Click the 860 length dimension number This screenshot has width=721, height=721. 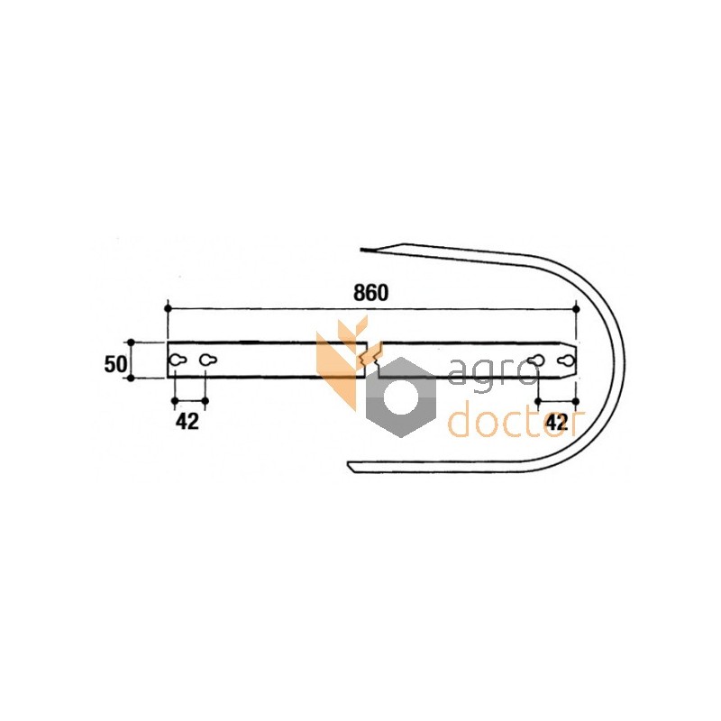[x=370, y=293]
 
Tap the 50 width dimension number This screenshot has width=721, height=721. [x=115, y=364]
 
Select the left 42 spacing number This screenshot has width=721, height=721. [x=187, y=421]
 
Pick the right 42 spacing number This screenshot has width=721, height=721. [x=556, y=422]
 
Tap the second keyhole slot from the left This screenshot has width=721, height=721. [x=208, y=360]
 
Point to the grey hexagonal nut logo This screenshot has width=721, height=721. [x=400, y=397]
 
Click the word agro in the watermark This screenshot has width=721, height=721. [x=492, y=373]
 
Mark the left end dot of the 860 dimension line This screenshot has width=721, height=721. [x=168, y=308]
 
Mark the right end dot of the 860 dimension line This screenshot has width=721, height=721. [x=577, y=309]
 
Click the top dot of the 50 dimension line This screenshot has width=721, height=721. [x=131, y=342]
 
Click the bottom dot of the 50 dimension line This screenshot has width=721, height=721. [x=131, y=378]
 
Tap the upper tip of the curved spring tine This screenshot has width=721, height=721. [x=361, y=251]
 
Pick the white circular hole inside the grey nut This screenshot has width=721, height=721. [x=401, y=397]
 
